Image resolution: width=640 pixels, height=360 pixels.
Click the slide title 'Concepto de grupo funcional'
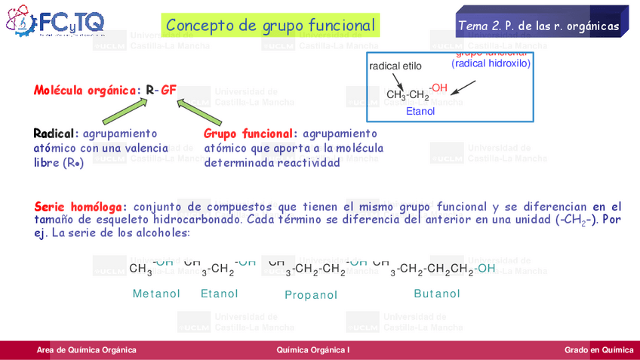[x=270, y=26]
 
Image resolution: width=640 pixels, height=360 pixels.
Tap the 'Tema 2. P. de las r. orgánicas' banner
[x=538, y=26]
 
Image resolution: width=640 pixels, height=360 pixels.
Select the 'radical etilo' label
[x=395, y=66]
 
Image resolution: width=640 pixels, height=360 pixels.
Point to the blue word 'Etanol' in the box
[x=420, y=112]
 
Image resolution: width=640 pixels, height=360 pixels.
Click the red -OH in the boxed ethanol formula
[x=438, y=89]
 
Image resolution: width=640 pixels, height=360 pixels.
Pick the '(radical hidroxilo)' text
[x=491, y=64]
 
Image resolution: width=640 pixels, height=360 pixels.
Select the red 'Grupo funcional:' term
[x=251, y=134]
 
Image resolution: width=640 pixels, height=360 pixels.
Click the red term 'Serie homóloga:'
[x=81, y=207]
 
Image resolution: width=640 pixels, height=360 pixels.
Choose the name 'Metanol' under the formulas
[x=156, y=294]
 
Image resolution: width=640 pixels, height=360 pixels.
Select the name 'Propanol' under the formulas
[x=311, y=295]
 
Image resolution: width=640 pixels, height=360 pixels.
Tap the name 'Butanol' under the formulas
[x=437, y=294]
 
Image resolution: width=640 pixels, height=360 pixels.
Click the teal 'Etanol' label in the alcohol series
[x=220, y=294]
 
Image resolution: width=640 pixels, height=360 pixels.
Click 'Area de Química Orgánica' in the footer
[x=87, y=349]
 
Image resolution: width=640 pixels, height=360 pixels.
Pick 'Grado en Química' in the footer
[x=598, y=349]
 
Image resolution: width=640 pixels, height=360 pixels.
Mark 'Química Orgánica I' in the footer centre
[x=313, y=349]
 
